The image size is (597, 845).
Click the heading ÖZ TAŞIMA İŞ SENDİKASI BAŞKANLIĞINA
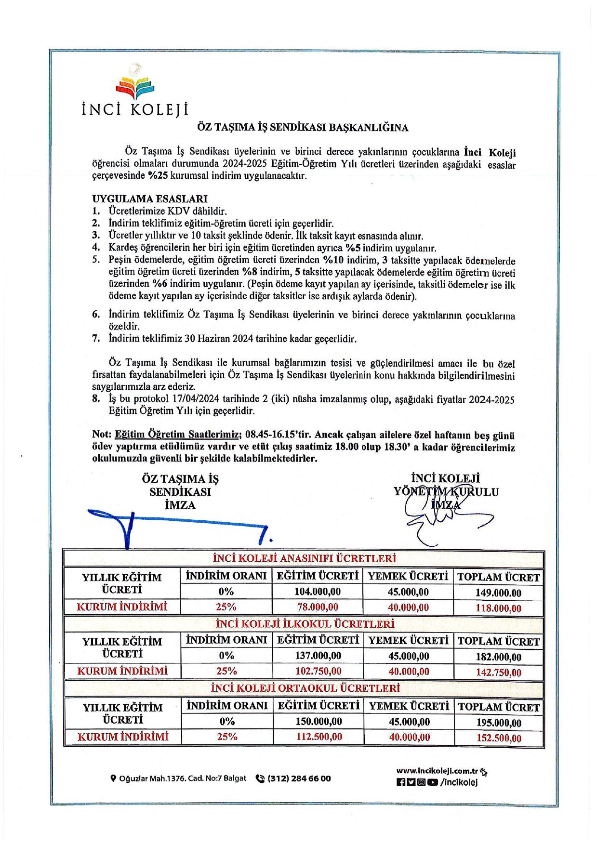(x=303, y=128)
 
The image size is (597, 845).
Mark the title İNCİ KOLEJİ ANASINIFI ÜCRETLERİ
(x=304, y=559)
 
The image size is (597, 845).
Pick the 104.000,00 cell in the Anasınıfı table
(x=317, y=592)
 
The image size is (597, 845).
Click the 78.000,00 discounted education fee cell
(x=317, y=607)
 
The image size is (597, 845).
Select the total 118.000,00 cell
(x=498, y=608)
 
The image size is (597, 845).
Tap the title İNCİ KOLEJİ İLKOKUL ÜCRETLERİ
(x=304, y=624)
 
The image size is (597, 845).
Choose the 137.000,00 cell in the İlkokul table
(x=318, y=656)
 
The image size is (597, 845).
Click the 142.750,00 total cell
(x=498, y=672)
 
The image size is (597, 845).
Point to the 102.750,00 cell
(x=318, y=671)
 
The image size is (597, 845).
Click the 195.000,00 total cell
(x=498, y=723)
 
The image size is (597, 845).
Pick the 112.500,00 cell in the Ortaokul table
(x=318, y=737)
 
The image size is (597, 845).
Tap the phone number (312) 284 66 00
(x=299, y=778)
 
